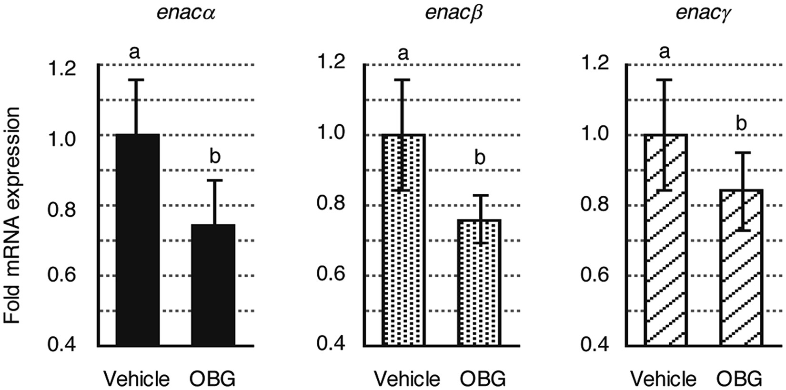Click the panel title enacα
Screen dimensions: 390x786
coord(186,13)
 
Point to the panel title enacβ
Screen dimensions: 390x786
coord(453,13)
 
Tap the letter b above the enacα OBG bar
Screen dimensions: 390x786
coord(215,157)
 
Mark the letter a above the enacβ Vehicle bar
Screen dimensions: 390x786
coord(403,52)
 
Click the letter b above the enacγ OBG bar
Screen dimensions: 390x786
coord(741,124)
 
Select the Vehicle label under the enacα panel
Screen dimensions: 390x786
coord(137,379)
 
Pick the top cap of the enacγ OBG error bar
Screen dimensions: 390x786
coord(741,153)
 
